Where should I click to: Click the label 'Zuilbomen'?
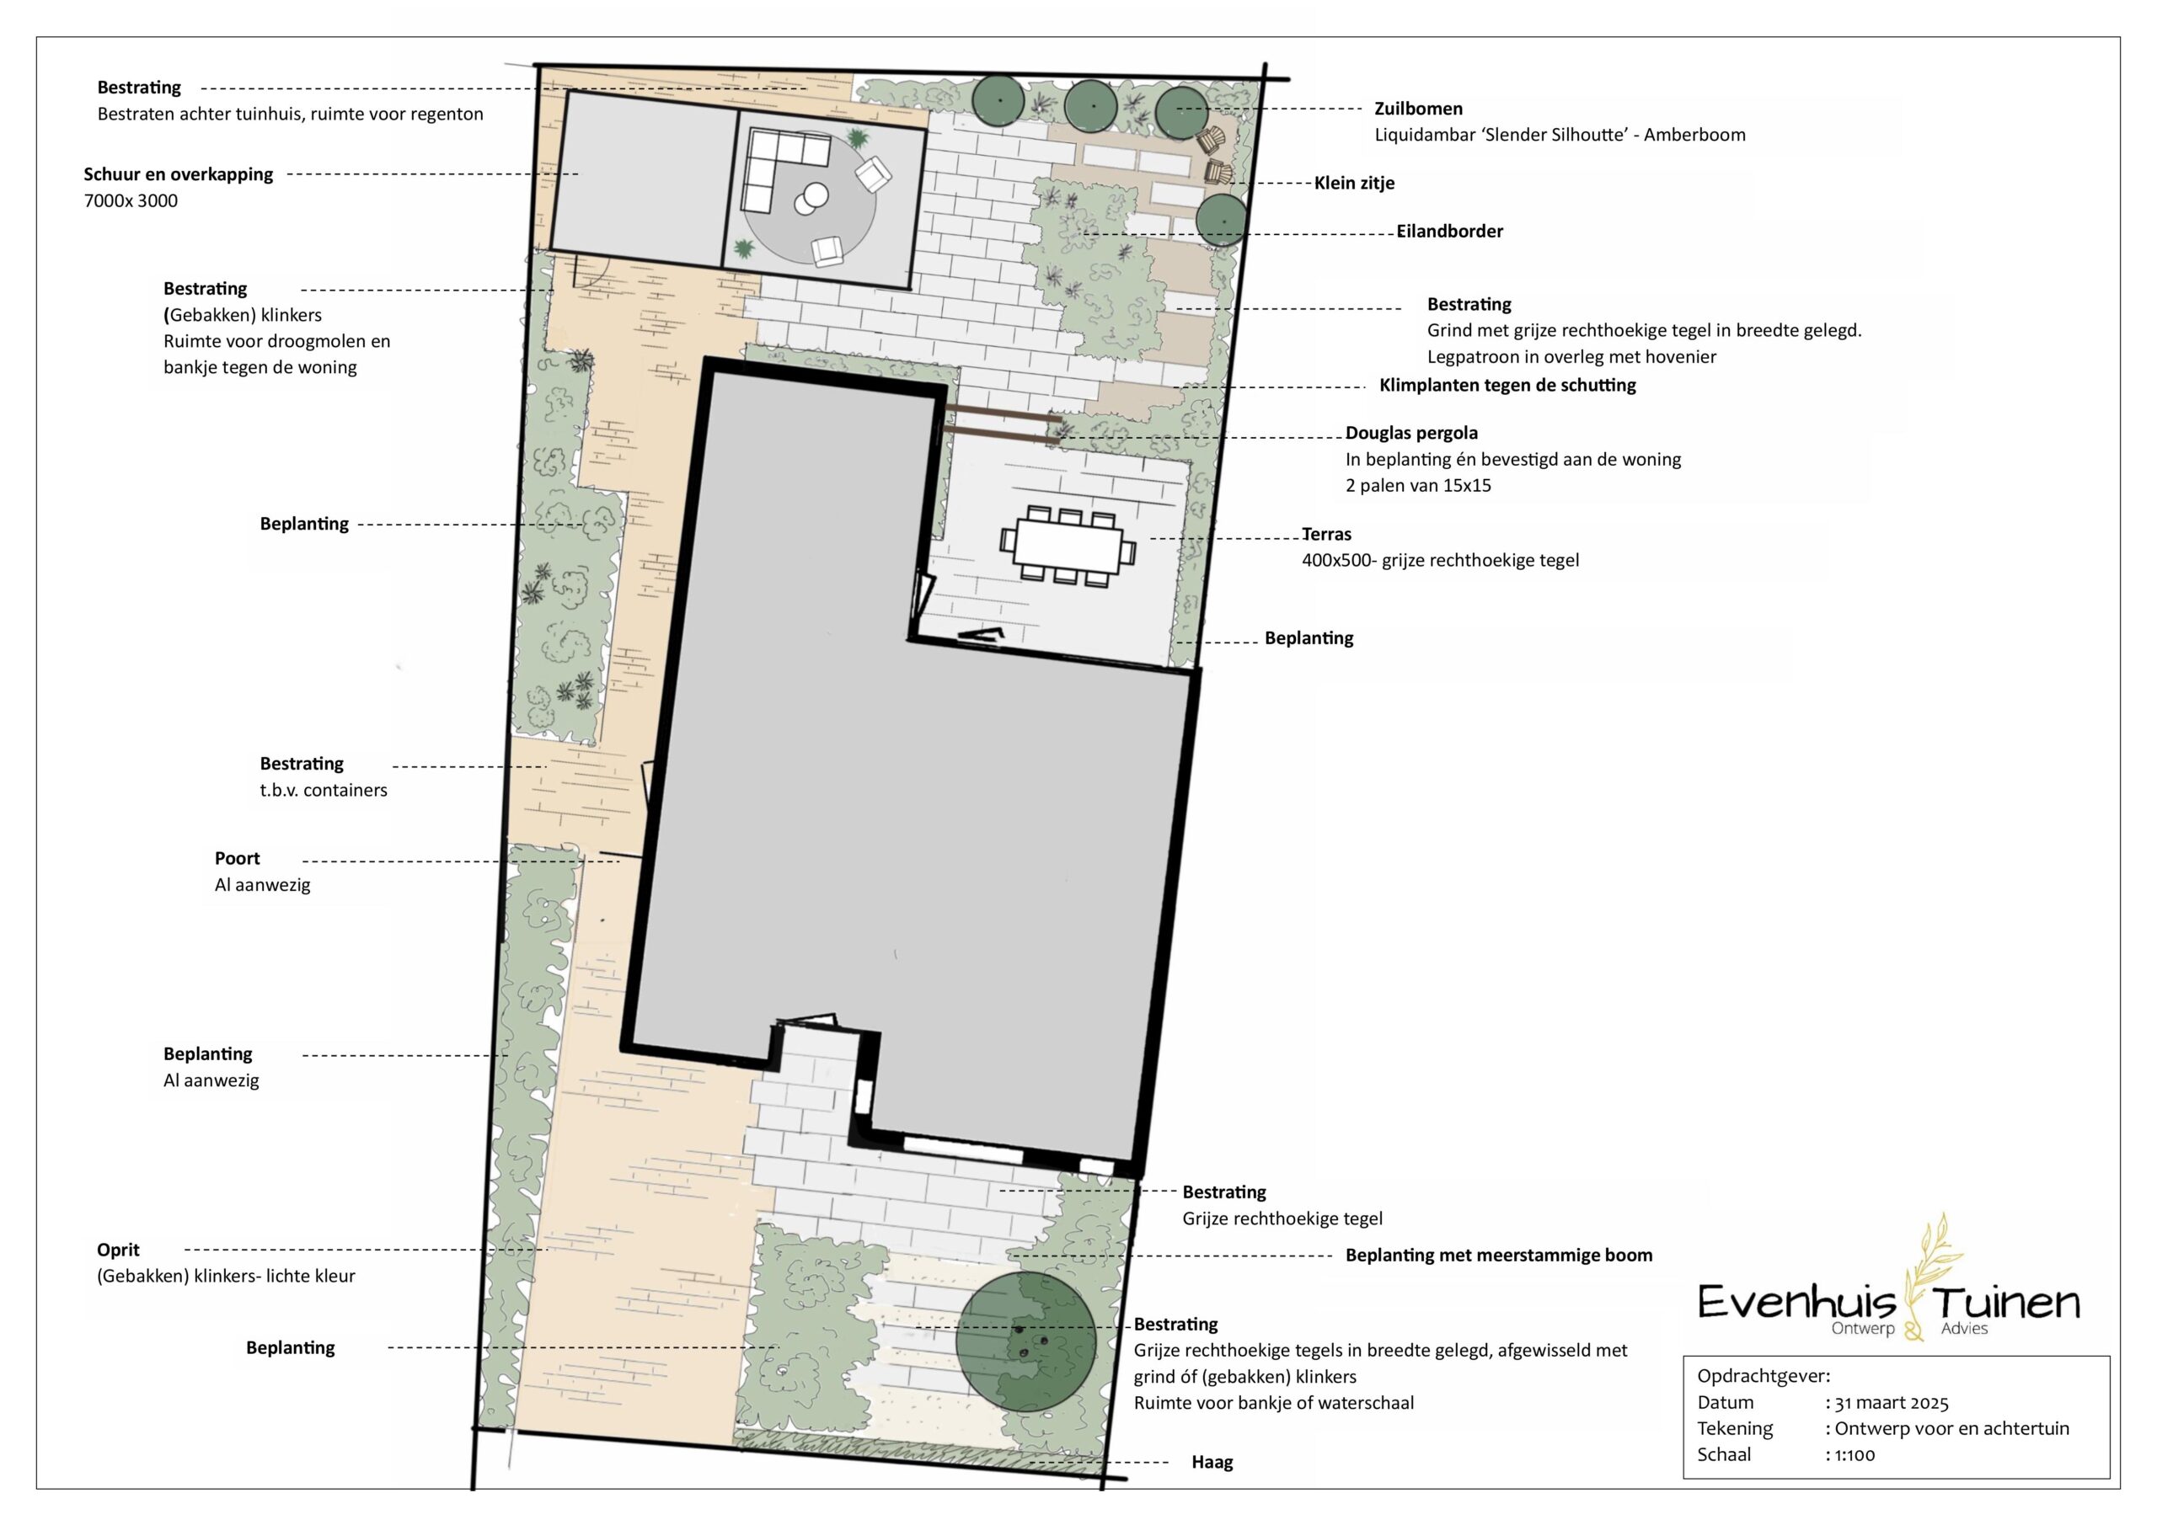pyautogui.click(x=1419, y=109)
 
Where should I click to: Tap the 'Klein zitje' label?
pyautogui.click(x=1354, y=183)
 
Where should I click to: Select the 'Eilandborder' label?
pyautogui.click(x=1449, y=231)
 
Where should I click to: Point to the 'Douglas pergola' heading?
pyautogui.click(x=1411, y=433)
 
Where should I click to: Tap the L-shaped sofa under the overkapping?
pyautogui.click(x=783, y=169)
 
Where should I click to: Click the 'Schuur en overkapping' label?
pyautogui.click(x=179, y=174)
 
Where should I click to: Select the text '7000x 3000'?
pyautogui.click(x=131, y=201)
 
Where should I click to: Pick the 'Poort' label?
pyautogui.click(x=237, y=858)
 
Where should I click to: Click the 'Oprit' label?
pyautogui.click(x=118, y=1250)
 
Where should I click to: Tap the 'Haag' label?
pyautogui.click(x=1212, y=1462)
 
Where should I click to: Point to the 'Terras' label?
pyautogui.click(x=1326, y=535)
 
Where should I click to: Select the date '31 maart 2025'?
pyautogui.click(x=1891, y=1403)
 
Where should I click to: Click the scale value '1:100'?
pyautogui.click(x=1855, y=1455)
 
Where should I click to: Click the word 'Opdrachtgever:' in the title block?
pyautogui.click(x=1764, y=1378)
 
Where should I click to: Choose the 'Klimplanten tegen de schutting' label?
pyautogui.click(x=1507, y=385)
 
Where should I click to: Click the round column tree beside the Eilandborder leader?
pyautogui.click(x=1221, y=220)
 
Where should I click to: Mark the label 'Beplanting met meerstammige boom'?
pyautogui.click(x=1498, y=1256)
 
